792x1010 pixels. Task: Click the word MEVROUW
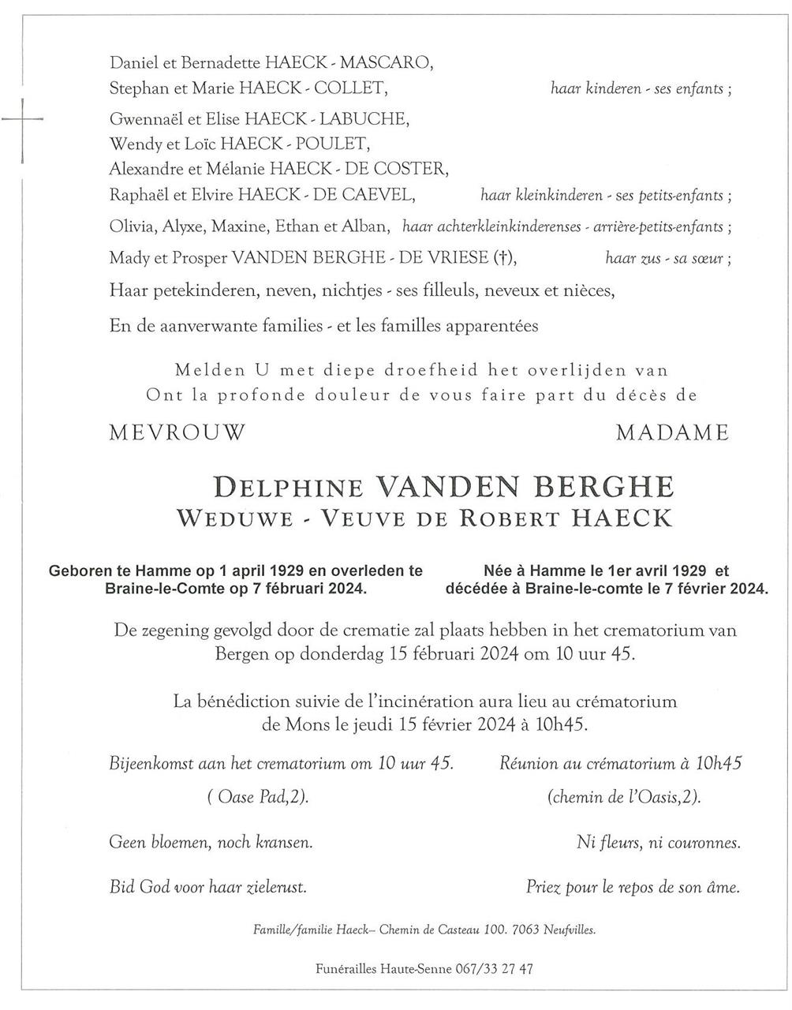[x=178, y=432]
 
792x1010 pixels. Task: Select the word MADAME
[x=673, y=432]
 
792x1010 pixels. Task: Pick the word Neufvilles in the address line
[x=570, y=930]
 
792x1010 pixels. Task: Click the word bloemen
[x=185, y=843]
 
